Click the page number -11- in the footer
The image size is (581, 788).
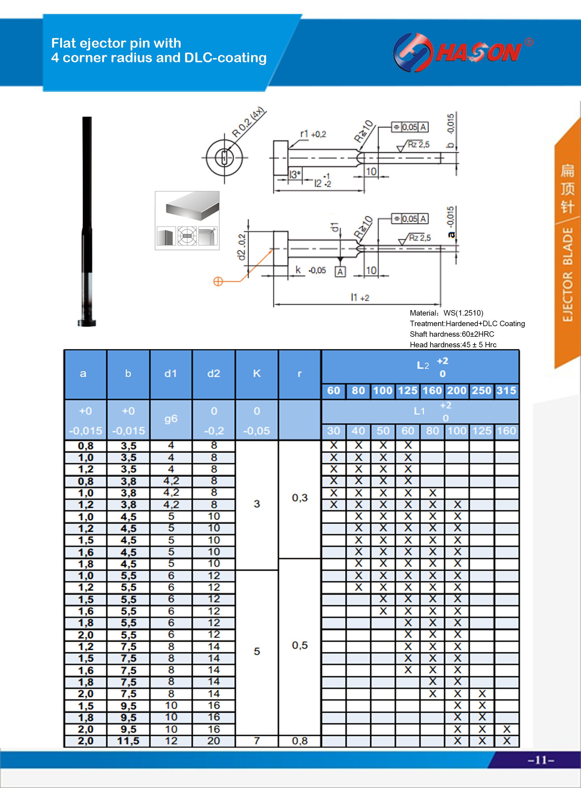tap(540, 760)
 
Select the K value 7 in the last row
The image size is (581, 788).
tap(257, 741)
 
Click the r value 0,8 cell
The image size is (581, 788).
tap(300, 741)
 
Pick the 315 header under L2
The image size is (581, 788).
tap(506, 390)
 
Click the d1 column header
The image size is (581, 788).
tap(170, 373)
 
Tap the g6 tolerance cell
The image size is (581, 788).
tap(170, 419)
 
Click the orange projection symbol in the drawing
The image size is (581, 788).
tap(218, 281)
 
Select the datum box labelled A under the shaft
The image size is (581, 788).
tap(340, 271)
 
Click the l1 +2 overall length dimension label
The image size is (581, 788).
tap(360, 297)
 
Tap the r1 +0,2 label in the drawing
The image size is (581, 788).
tap(313, 134)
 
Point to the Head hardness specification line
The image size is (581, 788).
tap(453, 345)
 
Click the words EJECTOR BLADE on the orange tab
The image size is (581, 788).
tap(567, 274)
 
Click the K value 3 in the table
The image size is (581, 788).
tap(257, 504)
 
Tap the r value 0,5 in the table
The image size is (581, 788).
tap(300, 645)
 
